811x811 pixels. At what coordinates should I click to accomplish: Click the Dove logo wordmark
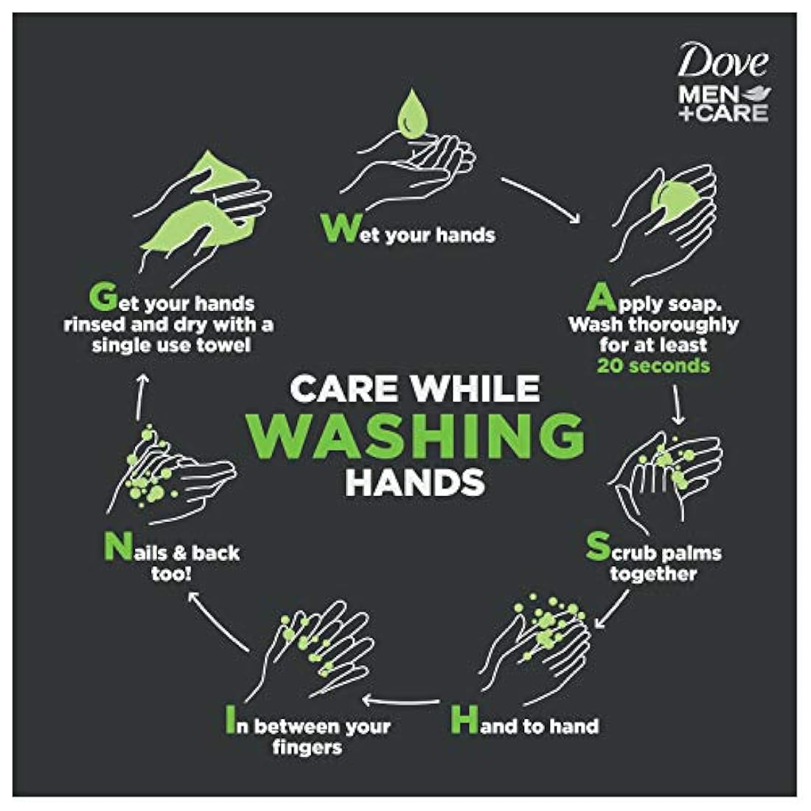click(723, 61)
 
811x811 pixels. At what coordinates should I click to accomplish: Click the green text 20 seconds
click(653, 366)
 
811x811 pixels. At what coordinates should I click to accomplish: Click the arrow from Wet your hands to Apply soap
click(540, 199)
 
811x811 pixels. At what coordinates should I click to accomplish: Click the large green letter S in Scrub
click(597, 548)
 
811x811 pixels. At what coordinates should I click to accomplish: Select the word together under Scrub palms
click(653, 574)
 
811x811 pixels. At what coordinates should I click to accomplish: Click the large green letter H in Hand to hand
click(464, 720)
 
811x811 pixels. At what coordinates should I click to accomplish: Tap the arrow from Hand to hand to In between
click(403, 700)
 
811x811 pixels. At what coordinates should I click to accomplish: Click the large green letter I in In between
click(230, 722)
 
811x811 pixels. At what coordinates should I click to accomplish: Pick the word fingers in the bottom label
click(307, 748)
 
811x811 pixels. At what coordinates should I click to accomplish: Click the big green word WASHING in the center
click(415, 436)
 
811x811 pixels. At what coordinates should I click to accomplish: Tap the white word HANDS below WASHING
click(415, 481)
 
